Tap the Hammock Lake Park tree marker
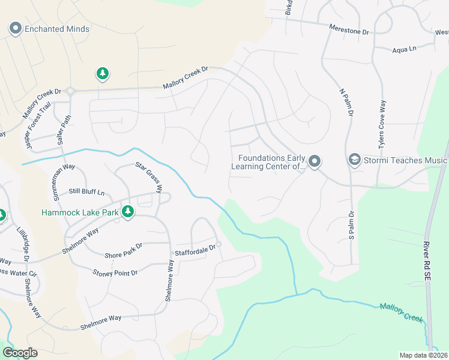coord(127,212)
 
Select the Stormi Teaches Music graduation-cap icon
coord(354,160)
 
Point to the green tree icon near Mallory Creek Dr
coord(103,74)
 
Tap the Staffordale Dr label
coord(194,250)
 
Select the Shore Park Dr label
coord(124,251)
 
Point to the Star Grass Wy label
coord(149,176)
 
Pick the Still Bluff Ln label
coord(86,192)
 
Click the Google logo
coord(20,352)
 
